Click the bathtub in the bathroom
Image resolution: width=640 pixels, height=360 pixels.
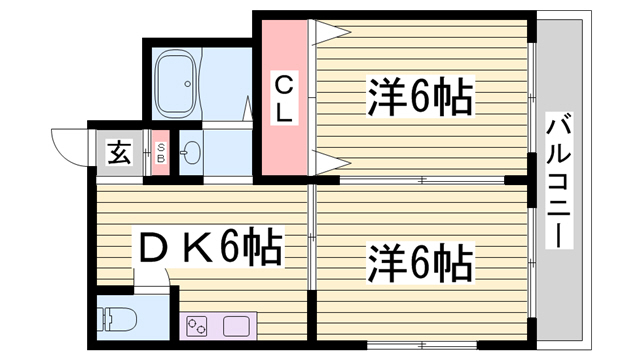click(176, 84)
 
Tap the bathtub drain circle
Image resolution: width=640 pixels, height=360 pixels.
click(187, 84)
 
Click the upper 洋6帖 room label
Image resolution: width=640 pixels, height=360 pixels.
click(420, 97)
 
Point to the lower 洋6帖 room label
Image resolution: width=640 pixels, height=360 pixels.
click(420, 262)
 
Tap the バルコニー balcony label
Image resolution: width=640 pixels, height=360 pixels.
click(559, 180)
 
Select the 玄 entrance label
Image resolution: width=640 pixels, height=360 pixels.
click(120, 153)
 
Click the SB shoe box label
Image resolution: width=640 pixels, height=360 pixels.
click(161, 153)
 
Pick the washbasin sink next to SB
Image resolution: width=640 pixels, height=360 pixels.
click(191, 153)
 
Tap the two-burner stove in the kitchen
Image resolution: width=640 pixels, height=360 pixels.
click(197, 326)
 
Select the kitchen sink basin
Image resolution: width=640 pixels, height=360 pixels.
click(236, 326)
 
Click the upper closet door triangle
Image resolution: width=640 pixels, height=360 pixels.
click(331, 32)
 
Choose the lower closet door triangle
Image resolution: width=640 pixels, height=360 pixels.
click(331, 163)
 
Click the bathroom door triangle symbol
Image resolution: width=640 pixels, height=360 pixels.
click(248, 109)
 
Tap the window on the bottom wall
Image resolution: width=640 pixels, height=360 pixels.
click(422, 345)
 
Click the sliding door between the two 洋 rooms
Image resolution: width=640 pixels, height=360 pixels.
click(422, 180)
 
